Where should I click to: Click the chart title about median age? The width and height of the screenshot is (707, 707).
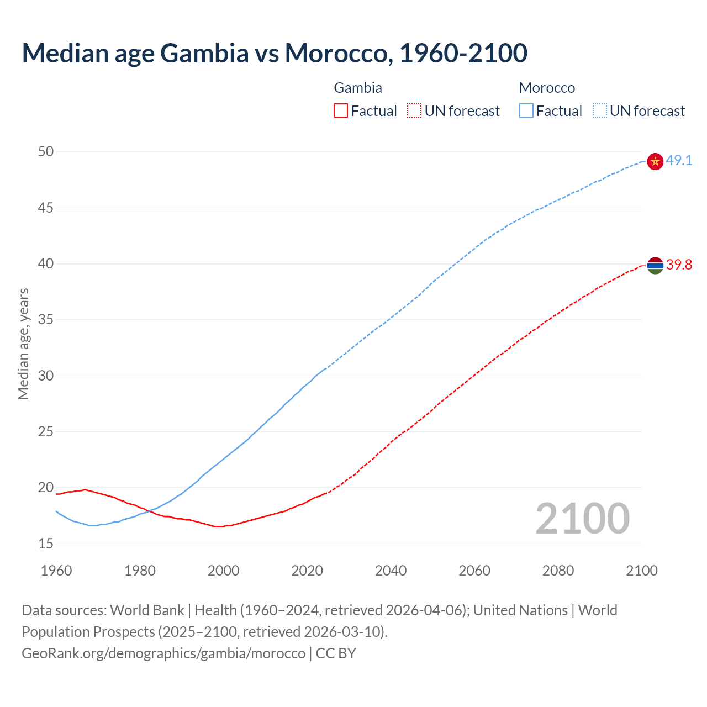coord(275,53)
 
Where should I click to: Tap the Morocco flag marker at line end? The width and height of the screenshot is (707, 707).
coord(655,161)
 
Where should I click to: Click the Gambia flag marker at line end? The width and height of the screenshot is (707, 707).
coord(655,266)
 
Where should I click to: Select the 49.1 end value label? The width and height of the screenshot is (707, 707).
coord(679,161)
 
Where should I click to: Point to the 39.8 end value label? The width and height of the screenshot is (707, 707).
coord(679,265)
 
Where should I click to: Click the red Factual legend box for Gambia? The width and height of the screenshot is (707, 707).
coord(341,111)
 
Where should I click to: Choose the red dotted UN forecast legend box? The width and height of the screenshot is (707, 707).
coord(414,111)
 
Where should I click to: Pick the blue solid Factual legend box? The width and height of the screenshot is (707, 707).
coord(526,111)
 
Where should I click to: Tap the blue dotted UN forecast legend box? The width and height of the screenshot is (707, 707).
coord(599,111)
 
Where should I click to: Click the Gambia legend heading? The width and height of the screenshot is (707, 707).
coord(358,88)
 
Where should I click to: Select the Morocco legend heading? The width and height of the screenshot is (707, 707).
coord(547,88)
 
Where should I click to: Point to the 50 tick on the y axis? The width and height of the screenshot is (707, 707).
coord(46,152)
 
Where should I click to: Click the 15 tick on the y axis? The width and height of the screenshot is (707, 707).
coord(46,544)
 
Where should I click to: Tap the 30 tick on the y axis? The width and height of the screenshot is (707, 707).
coord(46,376)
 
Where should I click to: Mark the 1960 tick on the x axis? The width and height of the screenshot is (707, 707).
coord(56,571)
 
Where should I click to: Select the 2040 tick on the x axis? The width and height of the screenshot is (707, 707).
coord(391,571)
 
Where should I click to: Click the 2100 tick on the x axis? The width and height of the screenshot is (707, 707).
coord(641,571)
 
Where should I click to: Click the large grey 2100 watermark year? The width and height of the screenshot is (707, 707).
coord(582,518)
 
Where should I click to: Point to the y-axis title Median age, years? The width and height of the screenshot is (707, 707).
coord(23,344)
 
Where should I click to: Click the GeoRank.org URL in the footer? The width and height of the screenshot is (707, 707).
coord(163,653)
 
